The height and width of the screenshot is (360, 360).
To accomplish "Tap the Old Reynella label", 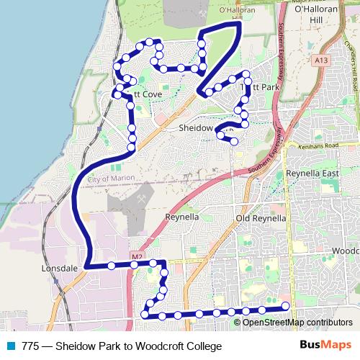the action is [x=261, y=217].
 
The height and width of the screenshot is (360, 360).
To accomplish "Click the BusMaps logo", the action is [x=325, y=346].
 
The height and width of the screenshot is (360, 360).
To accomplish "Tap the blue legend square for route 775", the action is [x=12, y=346].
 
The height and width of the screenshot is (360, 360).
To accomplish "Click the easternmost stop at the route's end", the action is [x=285, y=307].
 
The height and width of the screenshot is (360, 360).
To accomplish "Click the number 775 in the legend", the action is [x=31, y=346].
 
